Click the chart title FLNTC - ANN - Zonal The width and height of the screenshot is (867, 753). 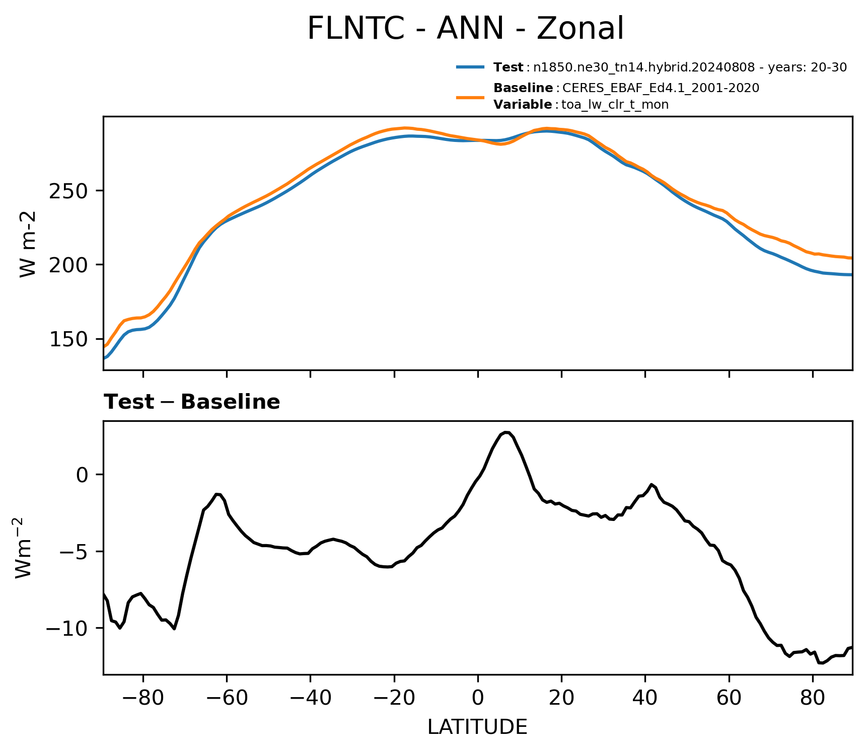(x=465, y=28)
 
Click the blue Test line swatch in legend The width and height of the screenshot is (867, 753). (x=470, y=67)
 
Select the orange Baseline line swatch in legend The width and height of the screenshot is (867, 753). (x=470, y=97)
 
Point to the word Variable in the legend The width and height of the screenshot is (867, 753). (x=523, y=105)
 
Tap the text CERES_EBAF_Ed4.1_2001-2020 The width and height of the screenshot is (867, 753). (x=661, y=88)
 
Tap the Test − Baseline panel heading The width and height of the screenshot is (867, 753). (x=192, y=402)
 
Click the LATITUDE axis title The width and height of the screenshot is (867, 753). (x=477, y=727)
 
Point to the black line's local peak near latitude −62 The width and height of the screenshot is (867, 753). (x=218, y=494)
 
